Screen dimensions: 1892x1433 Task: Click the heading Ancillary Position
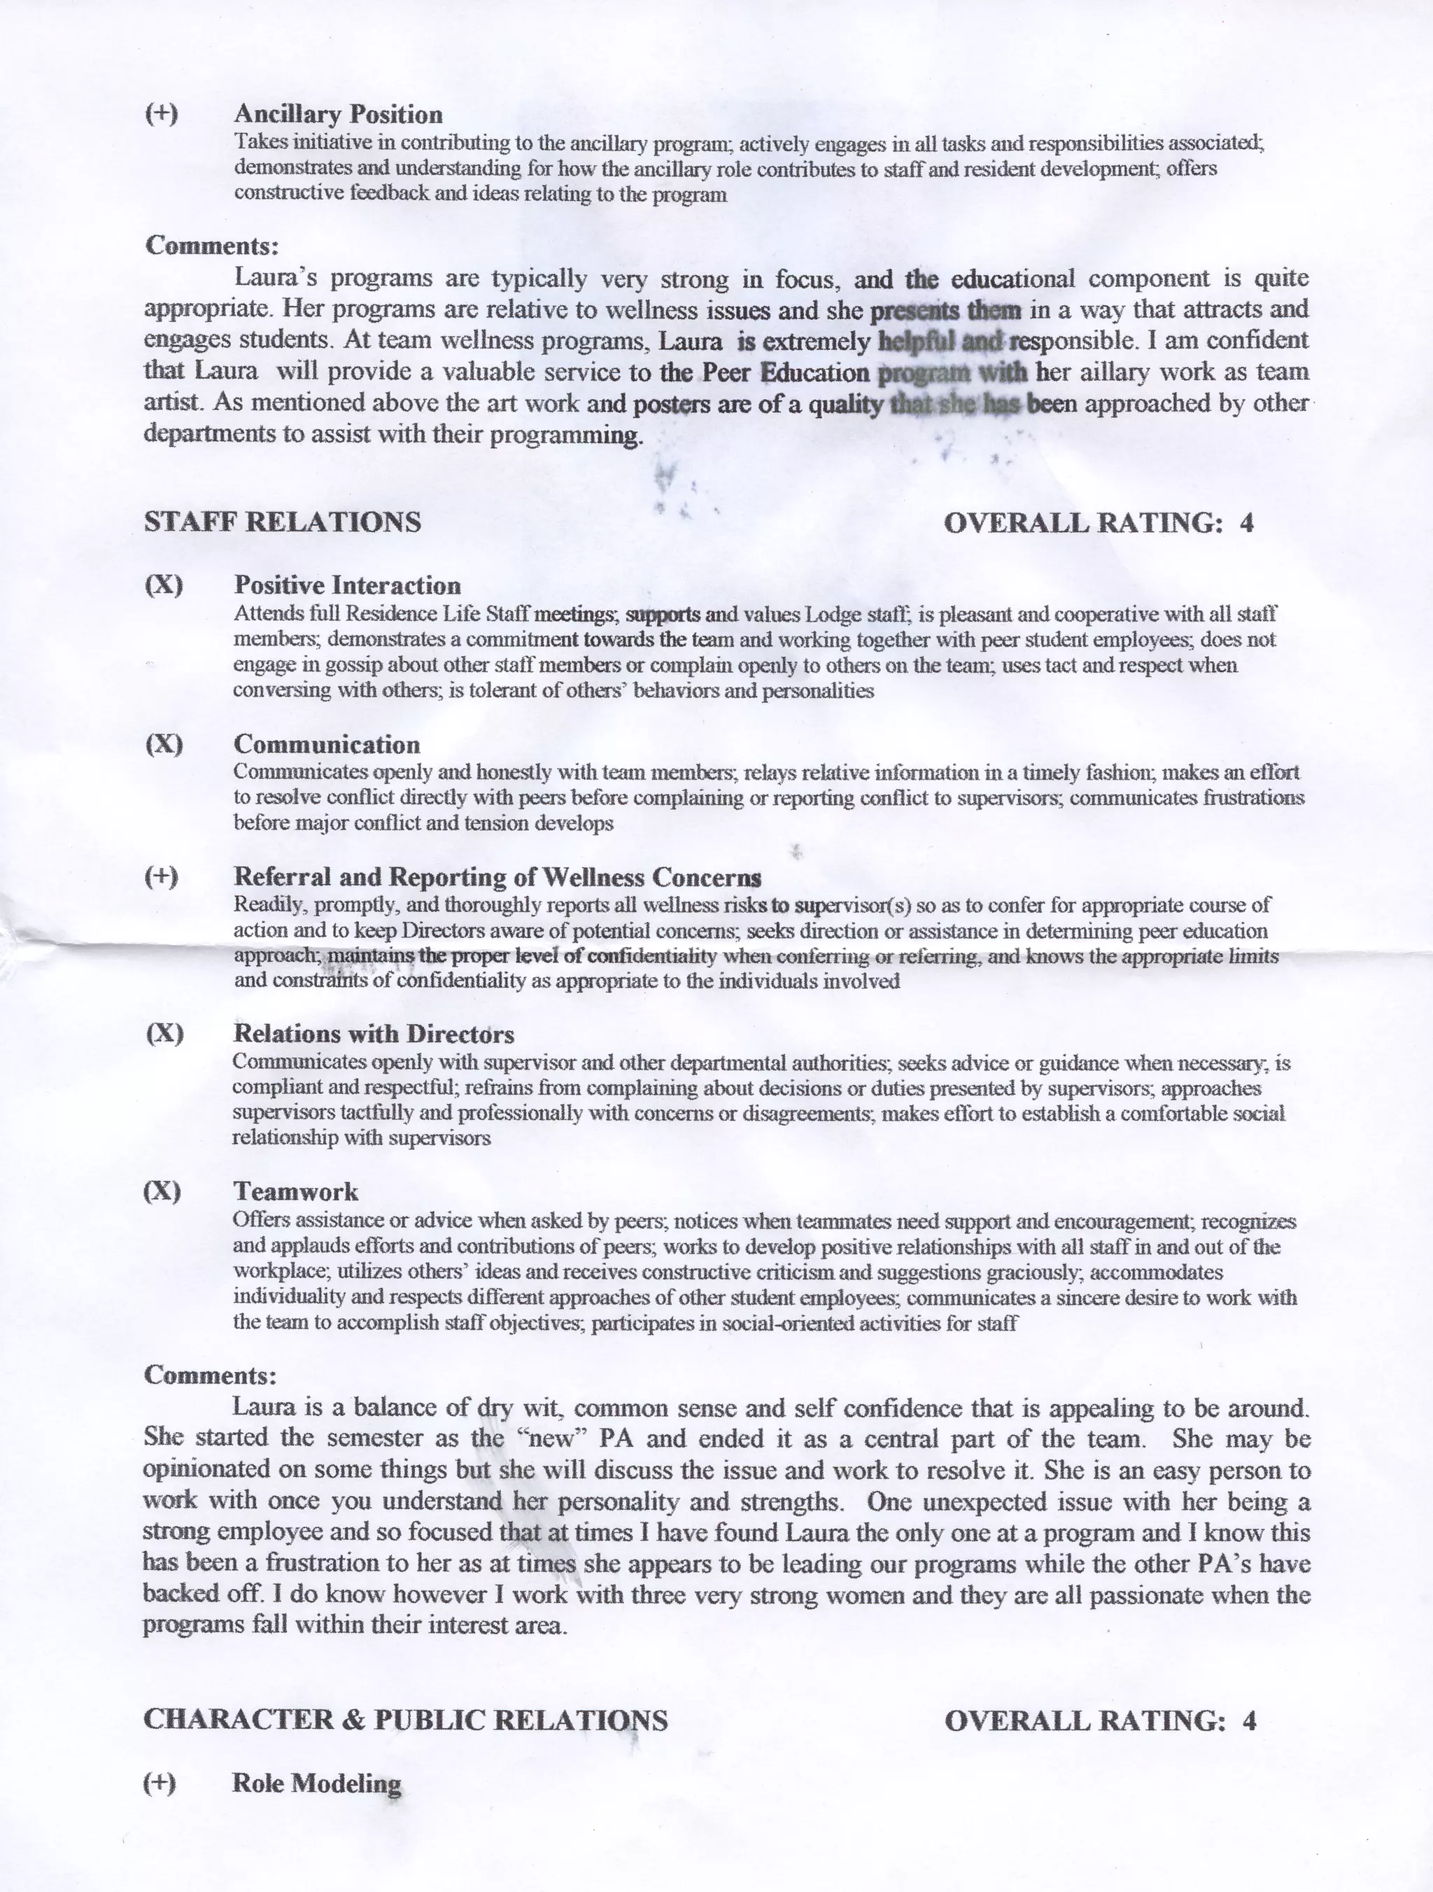coord(338,114)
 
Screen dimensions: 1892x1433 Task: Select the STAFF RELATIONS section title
coord(282,521)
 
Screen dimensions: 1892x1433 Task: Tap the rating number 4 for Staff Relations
coord(1247,523)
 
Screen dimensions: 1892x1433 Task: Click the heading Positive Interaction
coord(347,585)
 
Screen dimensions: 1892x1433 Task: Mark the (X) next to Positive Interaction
coord(163,585)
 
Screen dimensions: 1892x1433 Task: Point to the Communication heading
coord(327,744)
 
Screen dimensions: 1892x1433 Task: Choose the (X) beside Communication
coord(163,744)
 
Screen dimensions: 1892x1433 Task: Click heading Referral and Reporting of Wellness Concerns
coord(497,877)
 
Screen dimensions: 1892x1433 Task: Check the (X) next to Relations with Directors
coord(164,1033)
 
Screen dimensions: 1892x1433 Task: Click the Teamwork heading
coord(295,1191)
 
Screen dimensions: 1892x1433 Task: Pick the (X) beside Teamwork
coord(162,1191)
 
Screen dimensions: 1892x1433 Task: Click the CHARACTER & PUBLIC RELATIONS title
coord(405,1719)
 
